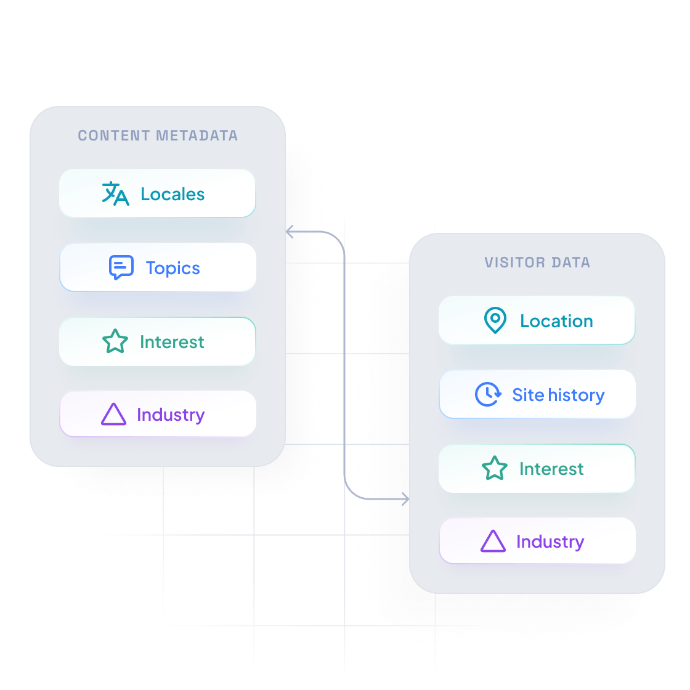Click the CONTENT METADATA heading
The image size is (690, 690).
pyautogui.click(x=158, y=136)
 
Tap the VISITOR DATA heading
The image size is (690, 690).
pyautogui.click(x=537, y=262)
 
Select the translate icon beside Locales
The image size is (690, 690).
pyautogui.click(x=115, y=193)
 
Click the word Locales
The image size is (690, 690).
pyautogui.click(x=172, y=194)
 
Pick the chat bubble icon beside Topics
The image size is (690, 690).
pyautogui.click(x=121, y=268)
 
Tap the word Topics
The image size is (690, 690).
pyautogui.click(x=173, y=268)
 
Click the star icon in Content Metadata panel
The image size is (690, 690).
pyautogui.click(x=115, y=342)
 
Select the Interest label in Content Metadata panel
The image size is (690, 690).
pyautogui.click(x=172, y=342)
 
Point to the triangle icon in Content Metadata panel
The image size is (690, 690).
pyautogui.click(x=113, y=415)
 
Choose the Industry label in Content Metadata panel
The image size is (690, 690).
pyautogui.click(x=171, y=415)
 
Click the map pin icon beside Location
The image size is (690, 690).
pyautogui.click(x=495, y=321)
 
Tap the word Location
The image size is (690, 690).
pyautogui.click(x=556, y=321)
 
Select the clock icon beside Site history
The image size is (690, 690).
pyautogui.click(x=488, y=394)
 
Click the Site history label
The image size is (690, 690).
pyautogui.click(x=558, y=395)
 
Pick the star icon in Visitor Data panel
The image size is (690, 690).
pyautogui.click(x=495, y=469)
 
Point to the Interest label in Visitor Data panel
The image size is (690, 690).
pyautogui.click(x=551, y=469)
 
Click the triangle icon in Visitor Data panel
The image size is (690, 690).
pyautogui.click(x=493, y=542)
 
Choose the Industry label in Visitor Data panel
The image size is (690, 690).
pyautogui.click(x=550, y=542)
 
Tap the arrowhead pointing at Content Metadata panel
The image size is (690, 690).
pyautogui.click(x=290, y=233)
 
